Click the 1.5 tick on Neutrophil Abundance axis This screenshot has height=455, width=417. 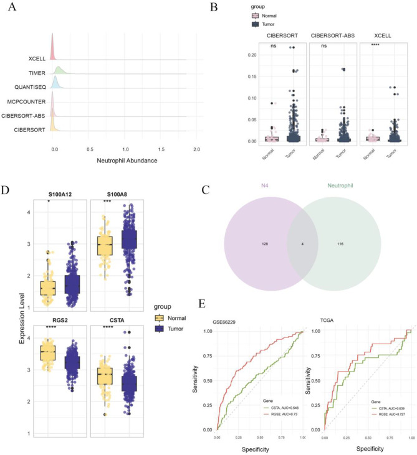[161, 133]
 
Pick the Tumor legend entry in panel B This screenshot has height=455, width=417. [269, 24]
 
